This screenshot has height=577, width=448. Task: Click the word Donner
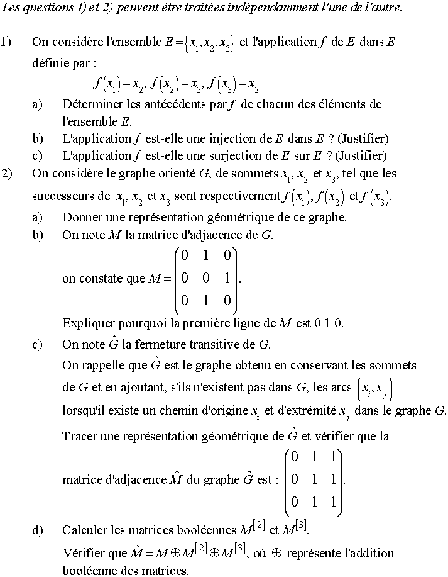(x=80, y=218)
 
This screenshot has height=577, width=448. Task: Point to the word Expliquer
(x=87, y=323)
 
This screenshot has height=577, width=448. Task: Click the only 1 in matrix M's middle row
(x=227, y=277)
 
